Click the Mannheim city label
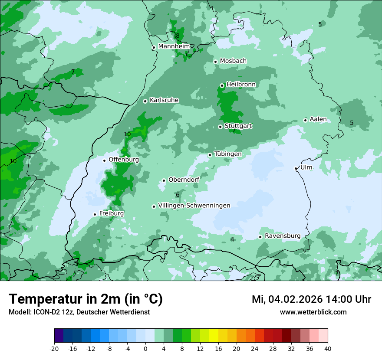[x=174, y=46]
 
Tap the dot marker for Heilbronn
[x=222, y=85]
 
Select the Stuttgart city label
[x=238, y=126]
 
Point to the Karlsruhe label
[x=164, y=100]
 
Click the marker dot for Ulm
[x=296, y=168]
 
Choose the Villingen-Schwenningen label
[x=194, y=206]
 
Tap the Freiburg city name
[x=112, y=213]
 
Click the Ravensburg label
[x=283, y=236]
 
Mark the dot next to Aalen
[x=305, y=120]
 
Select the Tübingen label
[x=228, y=154]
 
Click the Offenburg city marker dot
[x=104, y=160]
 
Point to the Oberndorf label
[x=184, y=180]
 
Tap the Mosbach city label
[x=233, y=61]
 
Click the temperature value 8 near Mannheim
[x=178, y=36]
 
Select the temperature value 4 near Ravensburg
[x=232, y=239]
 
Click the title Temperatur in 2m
[x=86, y=299]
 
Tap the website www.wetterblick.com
[x=313, y=312]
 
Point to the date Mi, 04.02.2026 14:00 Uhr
[x=311, y=299]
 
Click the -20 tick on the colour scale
[x=54, y=348]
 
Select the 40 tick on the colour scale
[x=328, y=348]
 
